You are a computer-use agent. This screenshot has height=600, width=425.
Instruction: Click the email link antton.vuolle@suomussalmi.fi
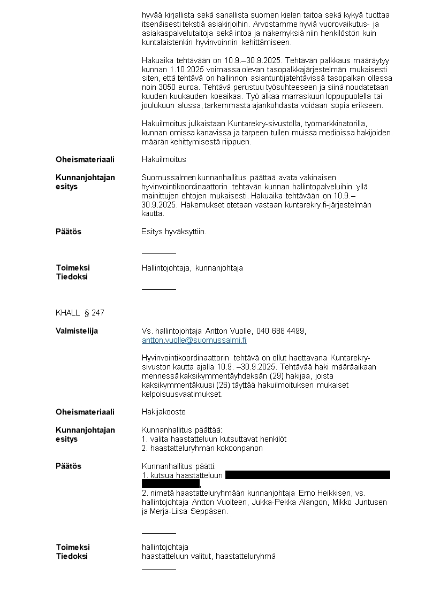(194, 340)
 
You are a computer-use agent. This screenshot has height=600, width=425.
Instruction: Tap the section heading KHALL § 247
(80, 312)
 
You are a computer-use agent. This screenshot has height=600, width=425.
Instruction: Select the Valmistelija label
(77, 331)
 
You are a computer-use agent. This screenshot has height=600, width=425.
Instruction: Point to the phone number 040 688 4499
(281, 331)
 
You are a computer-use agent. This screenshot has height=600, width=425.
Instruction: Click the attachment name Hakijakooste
(163, 412)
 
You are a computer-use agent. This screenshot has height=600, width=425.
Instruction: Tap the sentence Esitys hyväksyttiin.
(173, 232)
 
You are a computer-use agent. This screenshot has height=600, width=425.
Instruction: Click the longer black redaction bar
(307, 475)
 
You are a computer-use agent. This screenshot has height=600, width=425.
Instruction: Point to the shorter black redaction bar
(170, 484)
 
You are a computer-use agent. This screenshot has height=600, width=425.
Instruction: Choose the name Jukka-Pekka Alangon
(290, 502)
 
